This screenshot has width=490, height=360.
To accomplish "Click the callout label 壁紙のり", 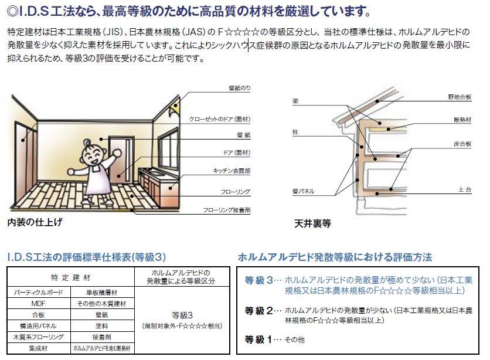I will (x=240, y=88).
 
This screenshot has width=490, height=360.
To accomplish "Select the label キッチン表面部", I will (x=232, y=171).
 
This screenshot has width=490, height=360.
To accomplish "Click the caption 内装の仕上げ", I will (x=35, y=223).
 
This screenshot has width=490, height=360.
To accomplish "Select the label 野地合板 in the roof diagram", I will (x=460, y=96).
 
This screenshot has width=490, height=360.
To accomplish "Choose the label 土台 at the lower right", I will (x=465, y=190).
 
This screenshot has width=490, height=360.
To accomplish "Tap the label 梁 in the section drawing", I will (x=295, y=101).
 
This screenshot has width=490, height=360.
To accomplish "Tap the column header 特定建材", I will (x=70, y=276).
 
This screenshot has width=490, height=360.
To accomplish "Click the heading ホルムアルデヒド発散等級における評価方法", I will (x=335, y=257).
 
